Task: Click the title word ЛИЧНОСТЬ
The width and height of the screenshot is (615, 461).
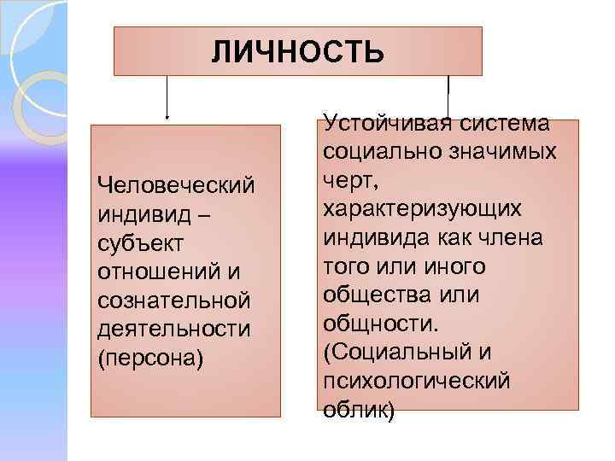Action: tap(298, 53)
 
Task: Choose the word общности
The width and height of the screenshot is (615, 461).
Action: tap(378, 324)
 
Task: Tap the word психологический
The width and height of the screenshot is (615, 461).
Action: tap(416, 382)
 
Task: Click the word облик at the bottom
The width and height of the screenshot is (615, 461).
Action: tap(354, 410)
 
